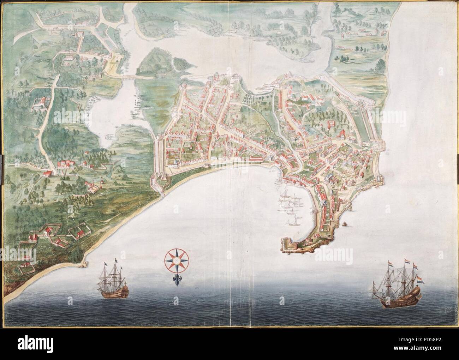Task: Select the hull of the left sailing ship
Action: click(113, 291)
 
